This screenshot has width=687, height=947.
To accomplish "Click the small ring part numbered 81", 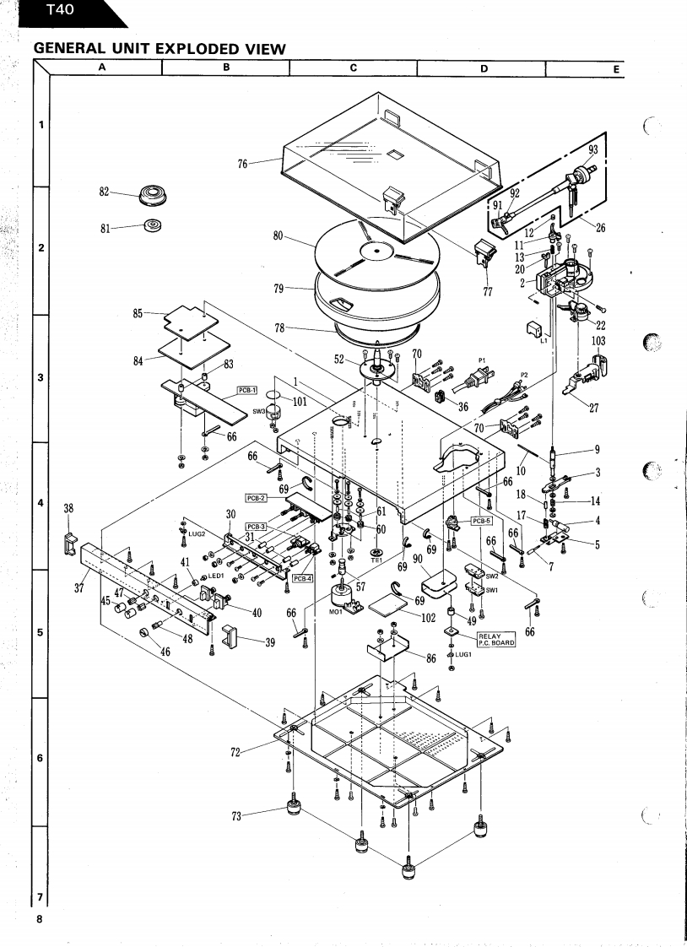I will click(x=153, y=225).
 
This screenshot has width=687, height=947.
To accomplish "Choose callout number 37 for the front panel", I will click(x=78, y=587).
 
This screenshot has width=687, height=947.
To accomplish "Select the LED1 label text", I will click(x=215, y=576).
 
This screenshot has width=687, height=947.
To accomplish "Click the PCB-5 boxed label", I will click(x=481, y=521).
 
